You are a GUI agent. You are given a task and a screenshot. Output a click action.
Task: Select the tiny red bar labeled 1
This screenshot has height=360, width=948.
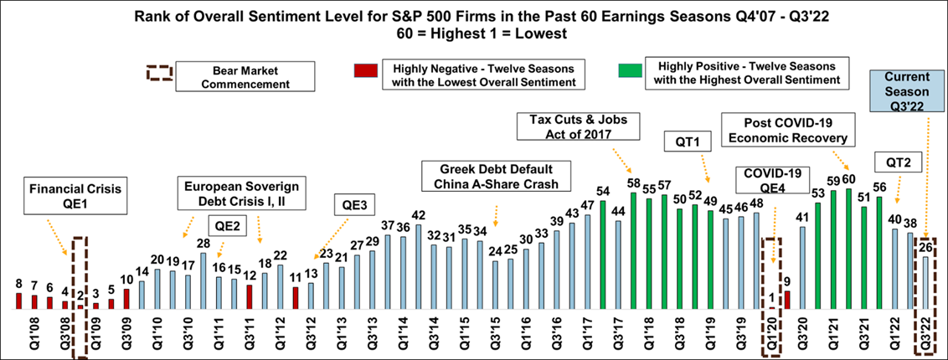click(772, 307)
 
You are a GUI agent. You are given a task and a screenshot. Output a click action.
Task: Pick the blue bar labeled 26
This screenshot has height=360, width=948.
click(925, 282)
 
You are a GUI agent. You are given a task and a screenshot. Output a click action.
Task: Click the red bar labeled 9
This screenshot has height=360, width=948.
click(787, 300)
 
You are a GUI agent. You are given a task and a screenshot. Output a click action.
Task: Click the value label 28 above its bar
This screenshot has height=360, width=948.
click(203, 244)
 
